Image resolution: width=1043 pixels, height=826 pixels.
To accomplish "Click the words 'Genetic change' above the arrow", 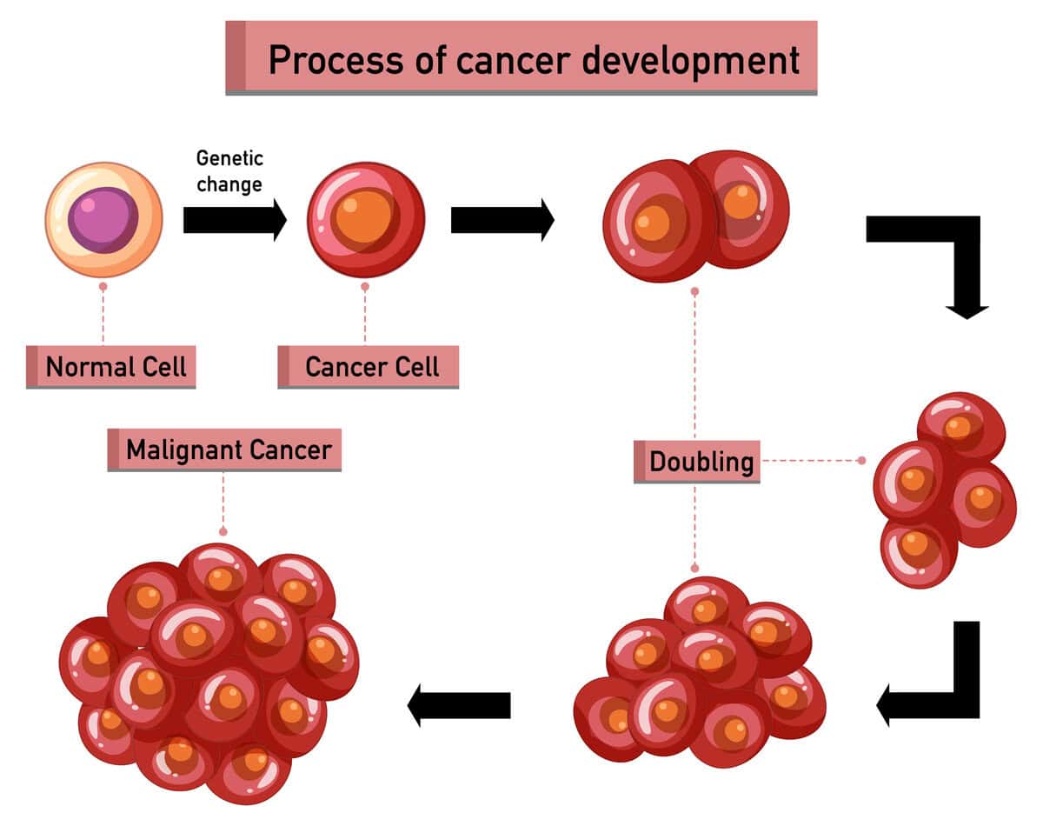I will pyautogui.click(x=229, y=171).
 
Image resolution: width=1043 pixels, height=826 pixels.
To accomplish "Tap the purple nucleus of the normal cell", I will pyautogui.click(x=103, y=219).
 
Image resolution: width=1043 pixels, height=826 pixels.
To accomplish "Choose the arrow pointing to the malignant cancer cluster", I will pyautogui.click(x=459, y=704).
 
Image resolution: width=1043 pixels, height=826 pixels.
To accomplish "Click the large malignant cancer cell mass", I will pyautogui.click(x=209, y=669).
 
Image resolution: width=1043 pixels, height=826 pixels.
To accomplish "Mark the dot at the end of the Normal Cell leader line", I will pyautogui.click(x=103, y=285).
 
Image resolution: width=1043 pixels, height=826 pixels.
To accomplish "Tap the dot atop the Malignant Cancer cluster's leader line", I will pyautogui.click(x=223, y=530).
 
